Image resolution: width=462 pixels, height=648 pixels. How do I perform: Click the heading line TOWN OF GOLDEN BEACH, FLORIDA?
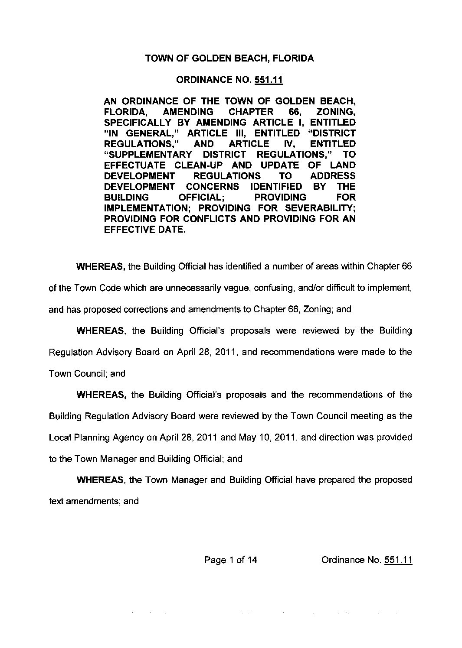229,58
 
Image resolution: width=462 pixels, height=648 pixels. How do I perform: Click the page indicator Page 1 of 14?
231,560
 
